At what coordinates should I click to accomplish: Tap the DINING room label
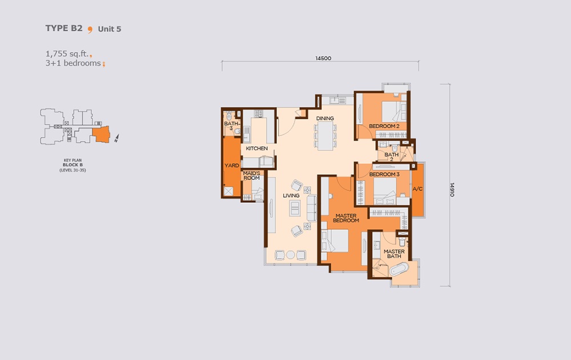325,119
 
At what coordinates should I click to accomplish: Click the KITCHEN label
257,149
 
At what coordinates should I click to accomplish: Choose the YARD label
231,166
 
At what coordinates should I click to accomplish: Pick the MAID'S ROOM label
251,175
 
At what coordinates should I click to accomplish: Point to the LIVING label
291,195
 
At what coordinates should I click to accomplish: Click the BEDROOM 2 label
387,126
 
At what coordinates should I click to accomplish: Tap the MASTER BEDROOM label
346,218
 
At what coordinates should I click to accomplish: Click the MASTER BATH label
394,254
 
